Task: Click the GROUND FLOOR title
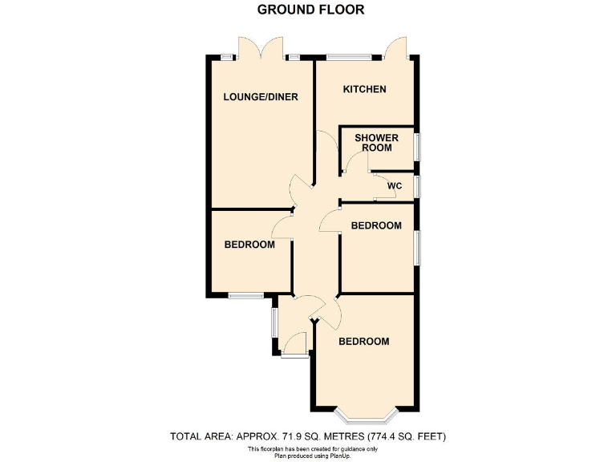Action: coord(310,10)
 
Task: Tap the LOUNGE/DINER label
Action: coord(261,97)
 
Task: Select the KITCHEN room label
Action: coord(365,89)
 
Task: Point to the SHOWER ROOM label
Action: coord(376,143)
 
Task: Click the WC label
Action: coord(394,186)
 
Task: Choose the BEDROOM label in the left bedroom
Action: coord(249,245)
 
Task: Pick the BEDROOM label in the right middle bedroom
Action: coord(376,226)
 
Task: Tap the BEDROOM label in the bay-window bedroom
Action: coord(363,342)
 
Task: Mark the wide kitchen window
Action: coord(349,57)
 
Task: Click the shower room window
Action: coord(417,146)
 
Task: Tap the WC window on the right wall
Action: coord(417,187)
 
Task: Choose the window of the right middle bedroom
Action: coord(417,247)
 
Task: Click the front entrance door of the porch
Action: coord(294,354)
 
